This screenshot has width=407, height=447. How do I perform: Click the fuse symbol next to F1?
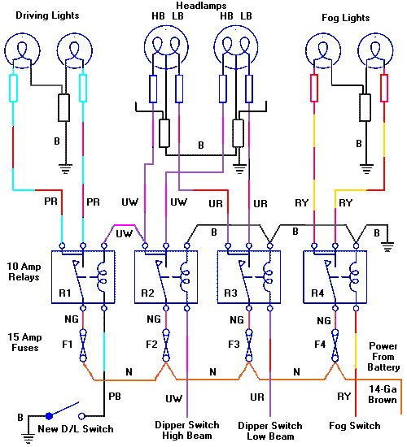tap(82, 346)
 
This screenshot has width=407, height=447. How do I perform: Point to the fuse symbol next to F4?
tap(335, 346)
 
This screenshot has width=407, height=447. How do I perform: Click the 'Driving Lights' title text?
tap(46, 15)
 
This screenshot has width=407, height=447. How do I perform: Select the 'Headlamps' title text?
tap(200, 6)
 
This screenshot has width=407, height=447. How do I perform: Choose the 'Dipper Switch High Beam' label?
tap(186, 430)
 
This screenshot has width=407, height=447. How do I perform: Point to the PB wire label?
tap(115, 396)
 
